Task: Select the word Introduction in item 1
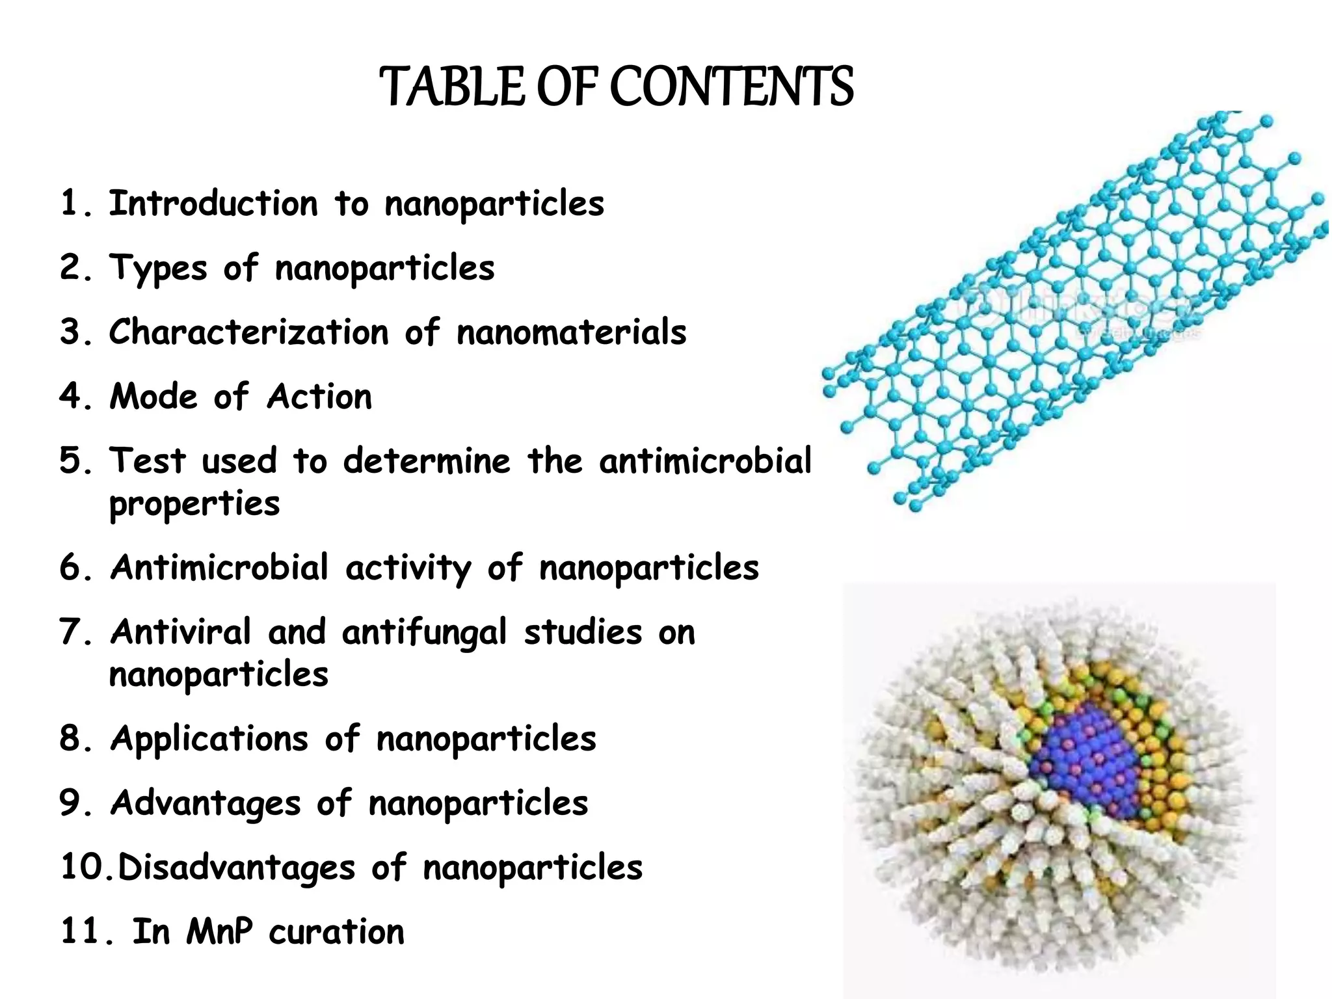coord(213,204)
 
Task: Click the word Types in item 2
coord(158,268)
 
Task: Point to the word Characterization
coord(248,332)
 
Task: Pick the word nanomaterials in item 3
coord(571,332)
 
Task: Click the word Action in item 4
coord(319,397)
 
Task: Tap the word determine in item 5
coord(427,461)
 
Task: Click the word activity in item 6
coord(408,568)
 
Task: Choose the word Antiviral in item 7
coord(181,632)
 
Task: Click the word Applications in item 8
coord(209,739)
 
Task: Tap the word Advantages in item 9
coord(206,803)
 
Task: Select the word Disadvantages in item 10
coord(236,868)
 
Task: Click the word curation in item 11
coord(336,932)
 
